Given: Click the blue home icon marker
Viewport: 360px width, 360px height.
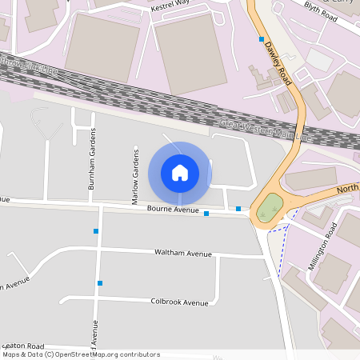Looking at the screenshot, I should [x=180, y=172].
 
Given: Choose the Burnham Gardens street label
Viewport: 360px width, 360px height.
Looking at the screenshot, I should [x=93, y=158].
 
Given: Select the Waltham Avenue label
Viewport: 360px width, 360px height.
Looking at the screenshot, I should [x=183, y=253].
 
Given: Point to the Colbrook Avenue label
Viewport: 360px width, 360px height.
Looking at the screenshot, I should [x=179, y=302].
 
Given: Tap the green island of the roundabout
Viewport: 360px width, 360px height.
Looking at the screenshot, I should [x=270, y=209].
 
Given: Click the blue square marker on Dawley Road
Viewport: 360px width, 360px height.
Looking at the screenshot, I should [x=261, y=38].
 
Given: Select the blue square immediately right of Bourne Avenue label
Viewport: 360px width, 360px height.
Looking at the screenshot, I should [x=206, y=214].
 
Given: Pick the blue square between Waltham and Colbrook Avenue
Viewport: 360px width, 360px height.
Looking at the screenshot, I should [x=100, y=282].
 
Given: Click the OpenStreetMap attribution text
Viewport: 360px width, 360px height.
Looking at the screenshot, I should [x=80, y=354].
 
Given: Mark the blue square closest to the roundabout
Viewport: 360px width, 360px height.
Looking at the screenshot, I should [x=238, y=209].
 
